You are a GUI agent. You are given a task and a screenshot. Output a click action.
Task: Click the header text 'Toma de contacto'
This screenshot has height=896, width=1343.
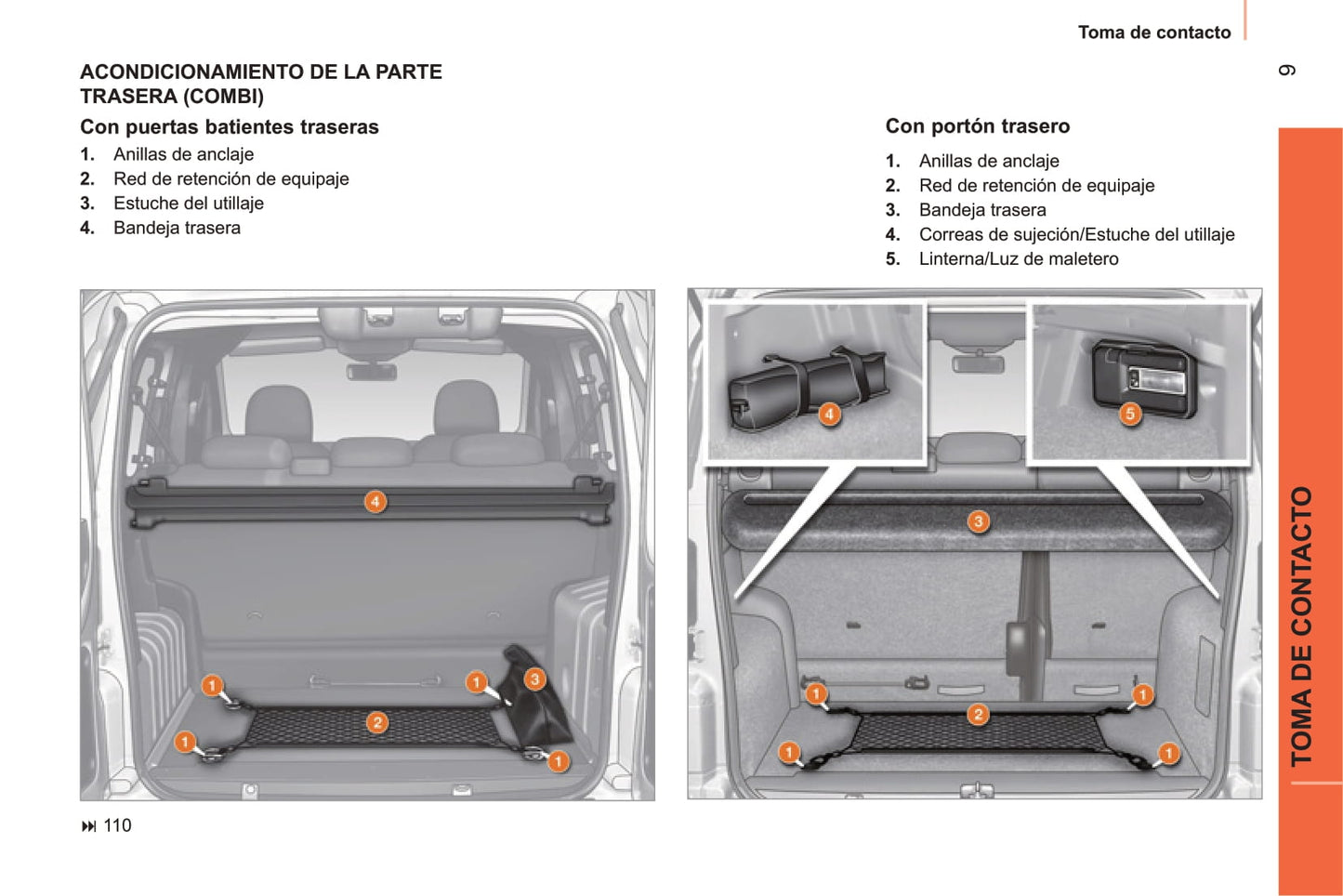pyautogui.click(x=1153, y=33)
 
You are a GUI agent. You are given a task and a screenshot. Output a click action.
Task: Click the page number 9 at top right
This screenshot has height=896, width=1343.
pyautogui.click(x=1287, y=71)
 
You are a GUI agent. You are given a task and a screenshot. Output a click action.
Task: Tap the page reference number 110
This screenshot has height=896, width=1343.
pyautogui.click(x=117, y=825)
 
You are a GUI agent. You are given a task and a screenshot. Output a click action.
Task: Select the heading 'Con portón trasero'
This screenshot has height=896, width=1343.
pyautogui.click(x=977, y=126)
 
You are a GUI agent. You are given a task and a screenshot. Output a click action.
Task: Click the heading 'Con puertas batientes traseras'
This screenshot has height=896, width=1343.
pyautogui.click(x=229, y=127)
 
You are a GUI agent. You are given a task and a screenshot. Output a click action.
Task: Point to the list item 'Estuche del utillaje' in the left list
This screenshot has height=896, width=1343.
pyautogui.click(x=188, y=204)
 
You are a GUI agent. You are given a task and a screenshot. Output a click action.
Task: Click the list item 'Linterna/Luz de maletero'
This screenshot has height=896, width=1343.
pyautogui.click(x=1018, y=259)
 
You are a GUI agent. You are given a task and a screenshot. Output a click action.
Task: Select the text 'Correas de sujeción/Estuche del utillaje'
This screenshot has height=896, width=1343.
pyautogui.click(x=1076, y=235)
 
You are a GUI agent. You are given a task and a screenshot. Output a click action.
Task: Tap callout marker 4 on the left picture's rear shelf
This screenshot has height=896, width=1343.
pyautogui.click(x=375, y=502)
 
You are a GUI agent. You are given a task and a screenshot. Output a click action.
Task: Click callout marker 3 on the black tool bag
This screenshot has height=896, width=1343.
pyautogui.click(x=534, y=679)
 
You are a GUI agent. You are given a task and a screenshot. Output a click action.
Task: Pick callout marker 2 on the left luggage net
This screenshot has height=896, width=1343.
pyautogui.click(x=376, y=722)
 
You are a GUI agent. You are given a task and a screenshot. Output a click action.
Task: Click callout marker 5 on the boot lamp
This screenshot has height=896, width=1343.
pyautogui.click(x=1130, y=414)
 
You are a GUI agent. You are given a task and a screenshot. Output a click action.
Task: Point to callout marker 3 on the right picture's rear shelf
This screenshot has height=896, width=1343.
pyautogui.click(x=978, y=521)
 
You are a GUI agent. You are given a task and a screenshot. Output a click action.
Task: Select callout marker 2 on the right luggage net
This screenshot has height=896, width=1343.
pyautogui.click(x=978, y=714)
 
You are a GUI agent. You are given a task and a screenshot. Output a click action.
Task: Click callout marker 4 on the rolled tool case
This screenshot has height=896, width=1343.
pyautogui.click(x=829, y=415)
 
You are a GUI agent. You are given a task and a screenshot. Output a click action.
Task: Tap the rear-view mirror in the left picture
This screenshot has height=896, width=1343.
pyautogui.click(x=371, y=372)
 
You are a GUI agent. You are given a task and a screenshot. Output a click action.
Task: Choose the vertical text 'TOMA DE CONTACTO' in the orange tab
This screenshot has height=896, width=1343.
pyautogui.click(x=1302, y=626)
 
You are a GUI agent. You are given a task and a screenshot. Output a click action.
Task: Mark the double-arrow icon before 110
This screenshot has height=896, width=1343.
pyautogui.click(x=89, y=826)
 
